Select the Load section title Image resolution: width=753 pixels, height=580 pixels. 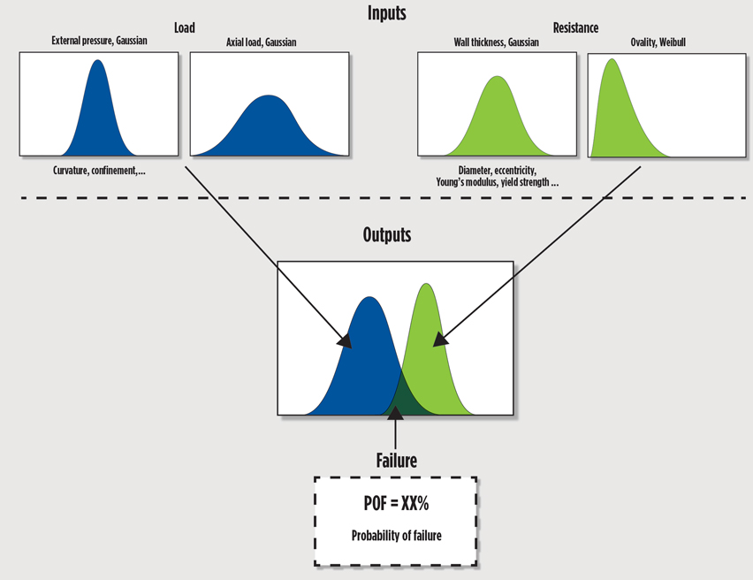pos(184,28)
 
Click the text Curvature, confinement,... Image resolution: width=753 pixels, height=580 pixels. pos(97,170)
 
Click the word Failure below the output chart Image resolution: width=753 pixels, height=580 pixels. pos(394,461)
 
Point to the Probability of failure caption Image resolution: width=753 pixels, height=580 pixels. pos(395,536)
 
